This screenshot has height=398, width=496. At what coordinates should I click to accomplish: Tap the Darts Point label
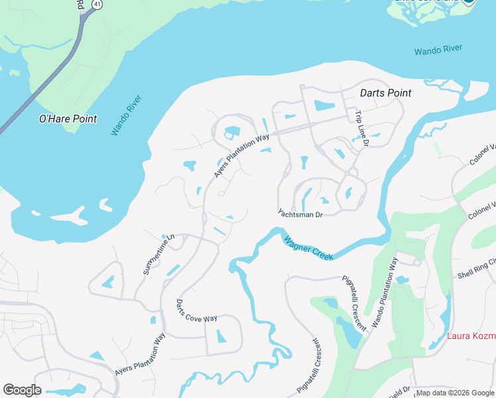point(385,93)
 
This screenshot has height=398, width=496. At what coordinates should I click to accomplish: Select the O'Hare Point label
point(68,119)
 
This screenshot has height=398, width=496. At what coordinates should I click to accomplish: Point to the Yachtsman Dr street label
point(300,214)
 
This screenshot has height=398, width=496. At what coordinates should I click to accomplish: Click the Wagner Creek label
point(308,248)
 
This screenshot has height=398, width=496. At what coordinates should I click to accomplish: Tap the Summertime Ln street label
point(159,253)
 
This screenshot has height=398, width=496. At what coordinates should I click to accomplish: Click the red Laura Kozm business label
point(471,336)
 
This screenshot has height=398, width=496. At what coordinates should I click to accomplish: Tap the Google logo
point(22,390)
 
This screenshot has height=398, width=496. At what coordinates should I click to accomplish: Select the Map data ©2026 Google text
point(455,393)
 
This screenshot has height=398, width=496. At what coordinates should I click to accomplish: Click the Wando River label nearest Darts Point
point(438,50)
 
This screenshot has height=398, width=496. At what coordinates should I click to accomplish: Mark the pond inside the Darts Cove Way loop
point(221,336)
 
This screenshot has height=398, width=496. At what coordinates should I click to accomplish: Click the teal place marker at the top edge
point(469,2)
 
